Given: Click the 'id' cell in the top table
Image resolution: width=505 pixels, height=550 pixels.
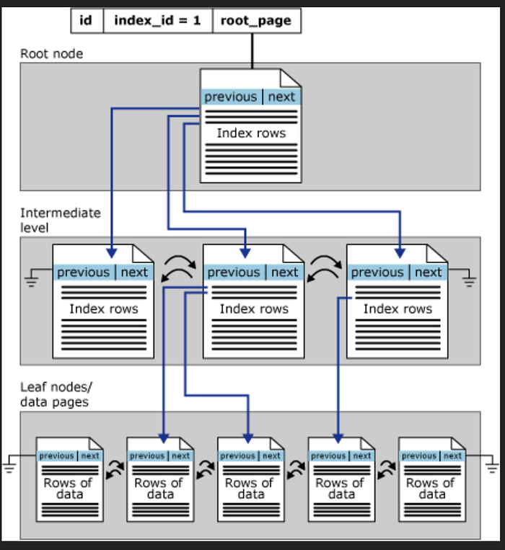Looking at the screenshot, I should tap(87, 20).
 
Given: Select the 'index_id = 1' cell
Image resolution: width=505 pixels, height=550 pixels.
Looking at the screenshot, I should tap(158, 20).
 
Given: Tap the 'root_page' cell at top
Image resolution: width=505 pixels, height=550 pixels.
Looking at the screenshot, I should tap(256, 20).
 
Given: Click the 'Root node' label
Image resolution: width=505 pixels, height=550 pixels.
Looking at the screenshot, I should tap(51, 53).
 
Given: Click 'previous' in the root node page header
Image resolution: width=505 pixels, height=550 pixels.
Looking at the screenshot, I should tap(230, 97).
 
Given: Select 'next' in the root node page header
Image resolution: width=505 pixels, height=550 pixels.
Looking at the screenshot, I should tap(281, 97).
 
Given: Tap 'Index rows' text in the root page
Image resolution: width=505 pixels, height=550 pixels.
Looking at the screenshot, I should tap(251, 133).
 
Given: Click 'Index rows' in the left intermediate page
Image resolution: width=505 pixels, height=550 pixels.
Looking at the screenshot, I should tap(103, 309).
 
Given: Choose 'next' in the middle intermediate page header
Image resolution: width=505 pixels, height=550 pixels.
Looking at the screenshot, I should tap(284, 272).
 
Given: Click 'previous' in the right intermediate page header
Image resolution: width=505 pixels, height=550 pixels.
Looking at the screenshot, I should tap(377, 272).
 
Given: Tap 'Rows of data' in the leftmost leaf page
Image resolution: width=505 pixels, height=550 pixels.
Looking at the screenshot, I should tap(69, 489).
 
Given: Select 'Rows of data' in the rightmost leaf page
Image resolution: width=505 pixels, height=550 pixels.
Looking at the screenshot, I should tap(431, 489).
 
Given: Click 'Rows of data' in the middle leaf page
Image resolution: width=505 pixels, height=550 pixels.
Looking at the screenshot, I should tap(250, 489).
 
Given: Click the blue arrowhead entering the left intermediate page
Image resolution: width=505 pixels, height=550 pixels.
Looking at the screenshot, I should tap(112, 252).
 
